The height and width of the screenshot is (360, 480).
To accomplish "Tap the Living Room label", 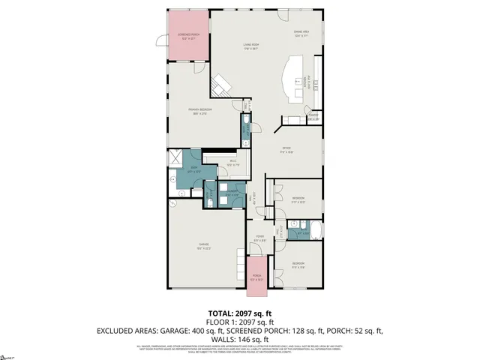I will tap(250, 46).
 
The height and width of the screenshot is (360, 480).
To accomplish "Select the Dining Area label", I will tap(302, 33).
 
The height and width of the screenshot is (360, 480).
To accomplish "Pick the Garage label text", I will tap(202, 245).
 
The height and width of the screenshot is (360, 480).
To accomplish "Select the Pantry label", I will tap(313, 118).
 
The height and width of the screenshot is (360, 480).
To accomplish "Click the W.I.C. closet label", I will tap(233, 163).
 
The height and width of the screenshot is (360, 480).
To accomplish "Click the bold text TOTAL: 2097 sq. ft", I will tap(239, 313).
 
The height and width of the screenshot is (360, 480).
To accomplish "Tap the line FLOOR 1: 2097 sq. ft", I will tap(239, 321).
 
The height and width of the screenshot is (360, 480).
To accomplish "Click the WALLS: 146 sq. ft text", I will tap(239, 338).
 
